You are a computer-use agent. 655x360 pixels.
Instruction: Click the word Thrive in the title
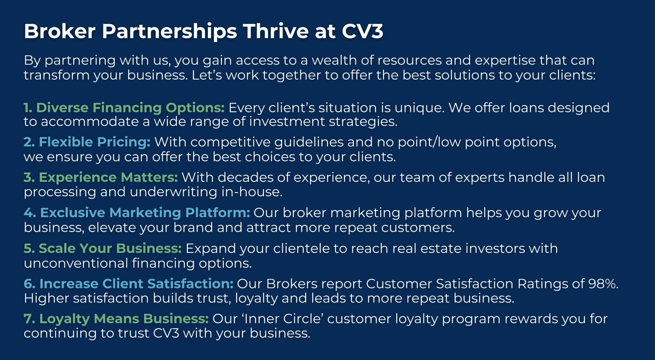pos(276,31)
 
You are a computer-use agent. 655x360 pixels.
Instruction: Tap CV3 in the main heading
pos(362,31)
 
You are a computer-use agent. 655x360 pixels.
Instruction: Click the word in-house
pos(252,192)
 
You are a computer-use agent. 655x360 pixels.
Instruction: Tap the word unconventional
pos(76,263)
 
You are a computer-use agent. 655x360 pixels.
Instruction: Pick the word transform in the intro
pos(57,75)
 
